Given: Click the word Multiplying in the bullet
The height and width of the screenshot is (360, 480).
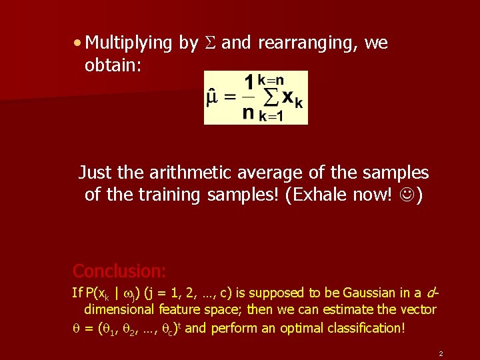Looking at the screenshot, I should pos(129,44).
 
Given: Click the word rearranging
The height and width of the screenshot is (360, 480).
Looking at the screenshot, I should pos(309,44).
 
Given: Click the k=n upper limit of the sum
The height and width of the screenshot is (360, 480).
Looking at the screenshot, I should pos(272,79).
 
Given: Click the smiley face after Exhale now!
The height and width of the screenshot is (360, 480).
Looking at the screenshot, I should pos(404,195).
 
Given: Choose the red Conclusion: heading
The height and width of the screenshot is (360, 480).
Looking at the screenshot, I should pos(119,271).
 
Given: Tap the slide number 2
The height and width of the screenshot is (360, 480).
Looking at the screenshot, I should pos(441,353).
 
